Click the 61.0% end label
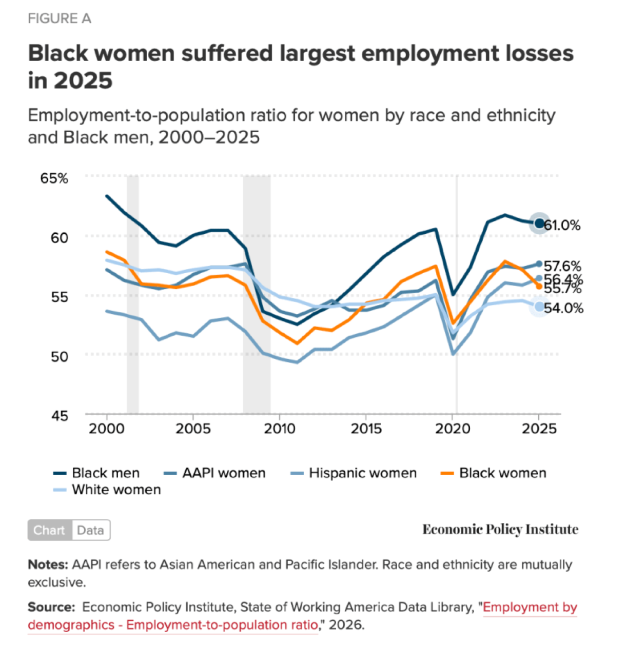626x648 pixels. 562,225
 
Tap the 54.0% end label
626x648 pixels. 563,308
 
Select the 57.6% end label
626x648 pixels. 562,266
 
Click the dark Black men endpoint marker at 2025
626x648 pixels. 539,223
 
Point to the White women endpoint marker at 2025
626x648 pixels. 539,307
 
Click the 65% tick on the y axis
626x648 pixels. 54,178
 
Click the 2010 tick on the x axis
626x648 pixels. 280,429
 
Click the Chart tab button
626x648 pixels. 49,530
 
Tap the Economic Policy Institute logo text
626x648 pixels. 500,530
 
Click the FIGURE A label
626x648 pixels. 60,19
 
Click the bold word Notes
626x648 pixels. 48,564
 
